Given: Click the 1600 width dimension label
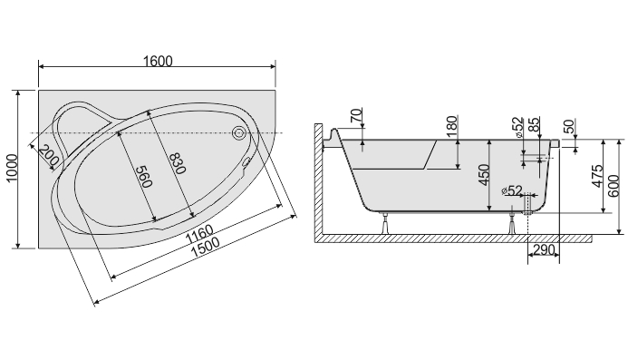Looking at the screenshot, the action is coord(158,61).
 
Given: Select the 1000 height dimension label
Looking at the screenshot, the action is coord(12,168).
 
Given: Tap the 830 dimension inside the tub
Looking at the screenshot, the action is coord(178,163).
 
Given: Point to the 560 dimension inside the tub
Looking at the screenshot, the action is coord(143,177).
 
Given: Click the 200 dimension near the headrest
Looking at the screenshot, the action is coord(49,156).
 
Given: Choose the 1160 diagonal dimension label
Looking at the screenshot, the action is coord(199,234).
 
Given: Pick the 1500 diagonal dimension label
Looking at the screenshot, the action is coord(205,247).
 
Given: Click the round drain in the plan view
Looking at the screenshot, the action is coord(239,132).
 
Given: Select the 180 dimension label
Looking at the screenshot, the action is coord(451,126).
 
